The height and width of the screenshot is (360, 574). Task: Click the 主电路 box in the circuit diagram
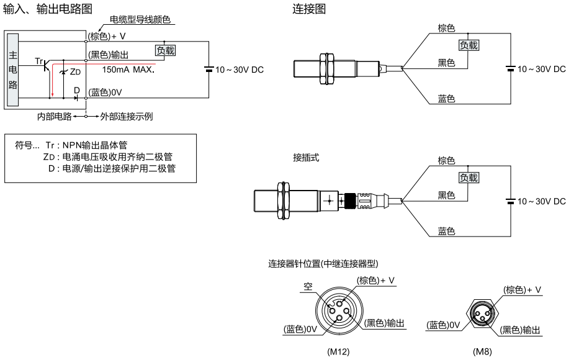13,70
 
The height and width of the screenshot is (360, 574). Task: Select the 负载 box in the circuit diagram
166,50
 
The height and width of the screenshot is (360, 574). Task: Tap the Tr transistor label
39,61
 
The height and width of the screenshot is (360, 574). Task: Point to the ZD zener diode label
75,72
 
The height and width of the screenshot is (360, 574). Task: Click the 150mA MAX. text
128,70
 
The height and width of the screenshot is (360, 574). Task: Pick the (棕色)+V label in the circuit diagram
107,36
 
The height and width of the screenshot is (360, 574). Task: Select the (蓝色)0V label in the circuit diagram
105,92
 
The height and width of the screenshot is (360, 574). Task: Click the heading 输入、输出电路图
48,9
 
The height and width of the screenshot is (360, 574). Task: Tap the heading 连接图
309,9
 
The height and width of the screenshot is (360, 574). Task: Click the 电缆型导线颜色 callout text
140,19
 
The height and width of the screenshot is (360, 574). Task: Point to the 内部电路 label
54,117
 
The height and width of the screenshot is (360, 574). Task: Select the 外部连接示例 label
127,117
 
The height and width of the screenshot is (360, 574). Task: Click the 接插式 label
306,158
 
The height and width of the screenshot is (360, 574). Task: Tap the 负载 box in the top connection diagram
469,45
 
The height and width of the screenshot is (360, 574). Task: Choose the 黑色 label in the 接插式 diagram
446,195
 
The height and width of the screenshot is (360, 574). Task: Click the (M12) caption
338,351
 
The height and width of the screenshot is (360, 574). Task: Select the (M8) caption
482,351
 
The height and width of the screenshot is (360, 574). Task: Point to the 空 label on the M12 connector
308,286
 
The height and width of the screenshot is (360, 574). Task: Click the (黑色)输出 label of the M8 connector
520,330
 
